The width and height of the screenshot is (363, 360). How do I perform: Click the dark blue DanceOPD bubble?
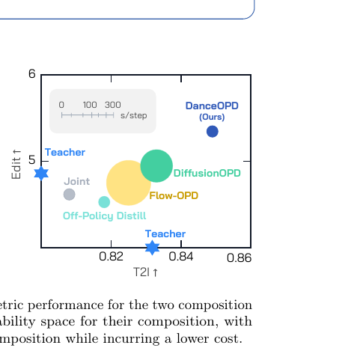click(x=213, y=132)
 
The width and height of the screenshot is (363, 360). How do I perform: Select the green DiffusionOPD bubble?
click(x=156, y=166)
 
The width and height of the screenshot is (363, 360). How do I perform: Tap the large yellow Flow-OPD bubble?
click(x=129, y=183)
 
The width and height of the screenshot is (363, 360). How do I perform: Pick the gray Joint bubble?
click(x=70, y=195)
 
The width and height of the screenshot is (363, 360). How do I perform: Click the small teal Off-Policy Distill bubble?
click(x=104, y=202)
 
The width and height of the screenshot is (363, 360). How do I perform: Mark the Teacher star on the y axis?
click(x=41, y=173)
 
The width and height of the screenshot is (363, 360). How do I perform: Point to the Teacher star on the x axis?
click(x=152, y=248)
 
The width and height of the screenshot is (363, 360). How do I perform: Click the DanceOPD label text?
click(x=212, y=106)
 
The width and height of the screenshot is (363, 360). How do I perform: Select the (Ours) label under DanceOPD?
click(x=212, y=117)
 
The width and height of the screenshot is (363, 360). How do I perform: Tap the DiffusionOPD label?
click(x=207, y=173)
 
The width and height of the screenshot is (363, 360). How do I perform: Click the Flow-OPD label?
click(x=174, y=195)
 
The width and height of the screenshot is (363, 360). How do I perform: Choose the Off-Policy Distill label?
click(x=105, y=216)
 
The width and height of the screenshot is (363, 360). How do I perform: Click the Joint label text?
click(x=77, y=181)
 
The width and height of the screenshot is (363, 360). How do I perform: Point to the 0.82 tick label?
click(x=111, y=257)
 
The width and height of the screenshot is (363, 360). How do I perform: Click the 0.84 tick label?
click(x=181, y=257)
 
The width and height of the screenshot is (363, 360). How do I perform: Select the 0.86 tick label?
click(x=239, y=257)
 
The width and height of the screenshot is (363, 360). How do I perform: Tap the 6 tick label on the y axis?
click(x=32, y=74)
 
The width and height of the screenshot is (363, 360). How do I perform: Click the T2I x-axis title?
click(x=146, y=272)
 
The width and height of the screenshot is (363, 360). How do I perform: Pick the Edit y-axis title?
click(x=16, y=164)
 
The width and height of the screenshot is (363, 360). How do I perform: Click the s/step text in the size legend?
click(x=134, y=115)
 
